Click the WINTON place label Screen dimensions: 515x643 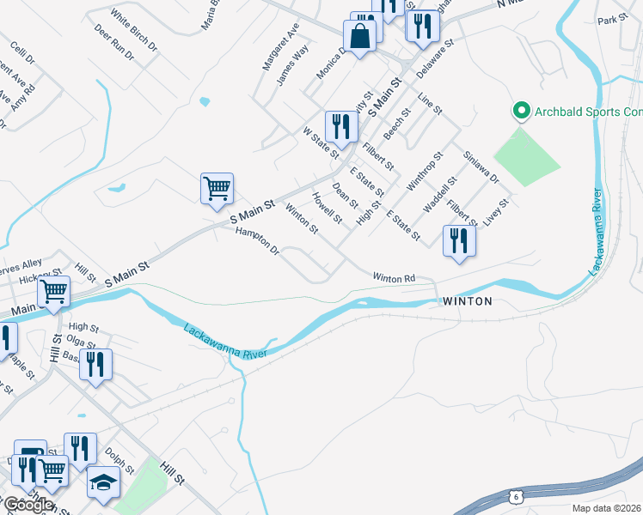point(468,301)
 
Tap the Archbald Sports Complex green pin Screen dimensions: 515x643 point(520,112)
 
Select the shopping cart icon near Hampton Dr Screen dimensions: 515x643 point(217,187)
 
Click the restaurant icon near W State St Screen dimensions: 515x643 point(341,126)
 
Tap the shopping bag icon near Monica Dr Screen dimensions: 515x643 point(359,36)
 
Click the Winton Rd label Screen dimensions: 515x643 point(394,278)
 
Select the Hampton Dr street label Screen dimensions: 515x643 point(258,240)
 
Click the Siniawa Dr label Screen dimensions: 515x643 point(481,167)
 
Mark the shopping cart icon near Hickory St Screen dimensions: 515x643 point(54,291)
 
